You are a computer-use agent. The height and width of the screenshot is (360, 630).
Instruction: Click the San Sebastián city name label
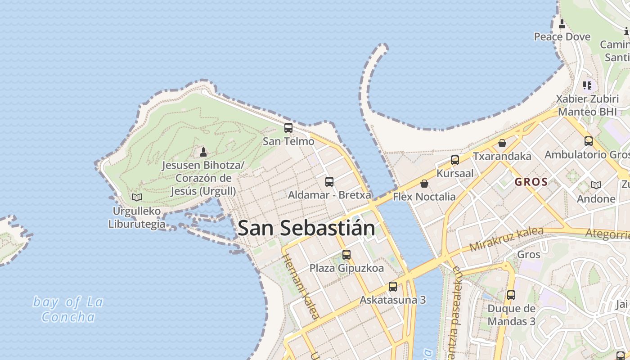306,228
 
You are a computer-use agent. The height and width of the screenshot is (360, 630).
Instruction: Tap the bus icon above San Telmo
288,128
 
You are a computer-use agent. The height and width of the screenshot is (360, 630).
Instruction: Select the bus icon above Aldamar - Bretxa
329,182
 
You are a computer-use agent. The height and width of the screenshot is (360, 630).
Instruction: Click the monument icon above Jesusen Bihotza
203,152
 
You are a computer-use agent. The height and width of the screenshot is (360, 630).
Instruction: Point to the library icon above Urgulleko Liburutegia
137,197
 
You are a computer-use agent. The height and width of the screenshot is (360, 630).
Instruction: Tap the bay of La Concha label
68,309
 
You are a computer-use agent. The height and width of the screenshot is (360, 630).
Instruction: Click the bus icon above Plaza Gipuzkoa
346,255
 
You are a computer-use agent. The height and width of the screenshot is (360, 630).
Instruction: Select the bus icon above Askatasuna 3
393,287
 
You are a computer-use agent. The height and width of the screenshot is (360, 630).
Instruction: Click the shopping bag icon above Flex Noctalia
424,184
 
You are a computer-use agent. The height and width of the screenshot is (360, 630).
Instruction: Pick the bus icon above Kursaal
455,160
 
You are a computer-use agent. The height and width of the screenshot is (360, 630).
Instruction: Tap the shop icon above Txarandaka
502,143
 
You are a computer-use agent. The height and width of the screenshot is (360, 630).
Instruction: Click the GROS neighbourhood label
531,182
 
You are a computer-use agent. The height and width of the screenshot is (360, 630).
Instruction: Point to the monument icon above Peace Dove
562,23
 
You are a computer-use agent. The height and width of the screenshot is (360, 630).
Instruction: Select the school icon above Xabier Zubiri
587,85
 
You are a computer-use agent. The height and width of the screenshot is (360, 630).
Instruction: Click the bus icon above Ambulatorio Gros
588,141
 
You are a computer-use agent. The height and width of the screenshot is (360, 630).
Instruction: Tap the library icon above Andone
596,185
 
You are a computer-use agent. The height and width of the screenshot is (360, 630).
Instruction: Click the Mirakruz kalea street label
506,239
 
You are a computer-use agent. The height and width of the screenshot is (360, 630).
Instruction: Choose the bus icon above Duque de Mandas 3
511,295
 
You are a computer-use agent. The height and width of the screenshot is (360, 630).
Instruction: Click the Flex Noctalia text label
424,197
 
